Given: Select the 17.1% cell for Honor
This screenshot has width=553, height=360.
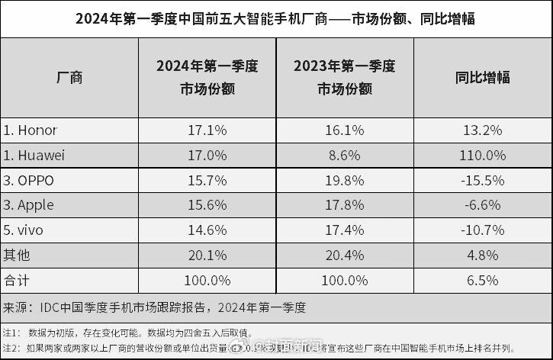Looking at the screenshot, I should tap(206, 130).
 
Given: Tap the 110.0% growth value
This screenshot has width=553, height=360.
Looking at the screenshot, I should tap(483, 155).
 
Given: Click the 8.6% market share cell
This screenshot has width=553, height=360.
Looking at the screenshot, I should tap(344, 155).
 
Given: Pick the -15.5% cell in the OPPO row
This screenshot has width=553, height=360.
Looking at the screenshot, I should tap(483, 180).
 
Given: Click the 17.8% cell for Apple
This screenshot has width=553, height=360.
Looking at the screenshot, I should tap(344, 204).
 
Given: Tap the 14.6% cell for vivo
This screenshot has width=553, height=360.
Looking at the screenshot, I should tap(206, 230).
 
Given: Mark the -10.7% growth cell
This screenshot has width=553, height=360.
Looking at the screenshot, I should tap(483, 230).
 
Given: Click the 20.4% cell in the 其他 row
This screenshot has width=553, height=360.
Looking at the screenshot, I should tap(344, 254).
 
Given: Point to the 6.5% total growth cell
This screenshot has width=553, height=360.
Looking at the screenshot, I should tap(483, 279).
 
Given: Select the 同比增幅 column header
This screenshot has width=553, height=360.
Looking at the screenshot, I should tap(483, 77).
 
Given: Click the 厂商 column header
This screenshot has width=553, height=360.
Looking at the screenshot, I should tap(69, 77).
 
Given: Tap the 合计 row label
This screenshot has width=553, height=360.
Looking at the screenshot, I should tap(16, 279).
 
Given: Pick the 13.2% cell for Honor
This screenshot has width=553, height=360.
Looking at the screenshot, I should tap(483, 130).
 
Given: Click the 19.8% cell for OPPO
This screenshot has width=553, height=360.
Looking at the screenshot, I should tap(344, 180).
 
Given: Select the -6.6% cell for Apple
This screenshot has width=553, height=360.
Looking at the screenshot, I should tap(483, 204).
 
